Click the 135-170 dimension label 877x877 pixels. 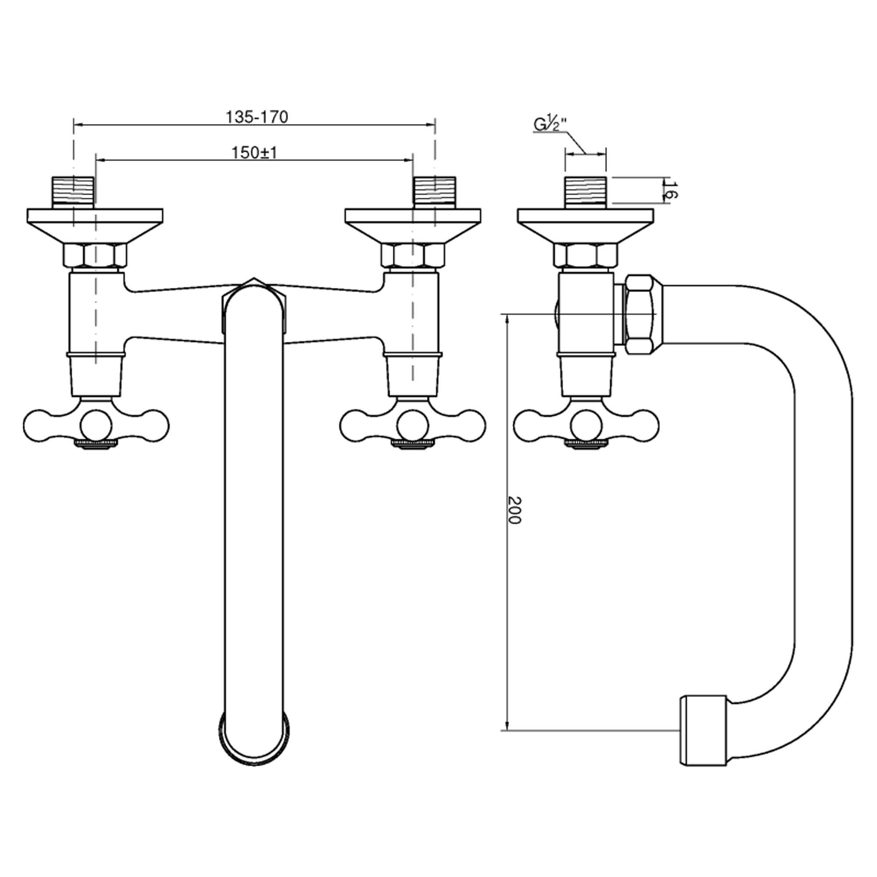click(x=257, y=117)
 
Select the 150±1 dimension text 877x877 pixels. click(x=254, y=153)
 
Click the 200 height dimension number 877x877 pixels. click(x=515, y=510)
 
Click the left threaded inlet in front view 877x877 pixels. click(x=73, y=192)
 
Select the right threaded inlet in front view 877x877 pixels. click(x=435, y=192)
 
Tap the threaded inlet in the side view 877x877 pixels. click(x=585, y=192)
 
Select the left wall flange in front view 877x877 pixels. click(x=95, y=224)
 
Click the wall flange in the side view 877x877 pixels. click(x=585, y=224)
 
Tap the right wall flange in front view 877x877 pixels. click(x=413, y=224)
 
